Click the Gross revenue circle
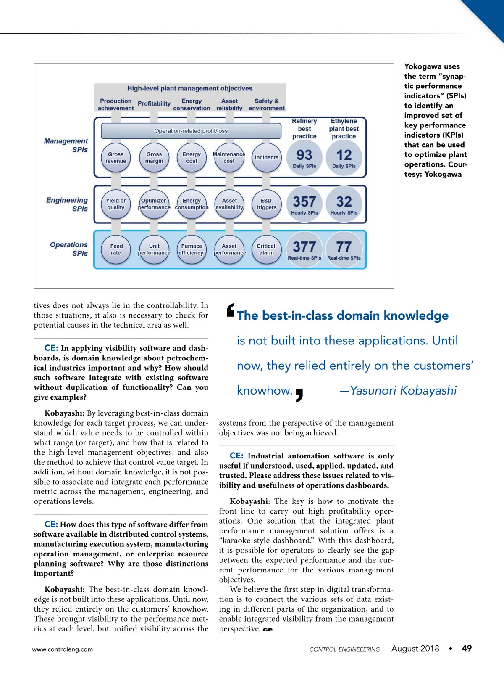point(116,158)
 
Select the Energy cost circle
point(192,158)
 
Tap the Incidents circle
point(266,158)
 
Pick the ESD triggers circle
point(266,204)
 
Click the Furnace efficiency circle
point(192,249)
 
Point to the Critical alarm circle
point(266,249)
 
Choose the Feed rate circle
point(116,249)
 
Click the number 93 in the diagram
point(304,155)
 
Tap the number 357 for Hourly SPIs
point(304,202)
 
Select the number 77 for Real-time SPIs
point(344,247)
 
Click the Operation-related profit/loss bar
point(191,131)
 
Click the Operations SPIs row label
point(69,249)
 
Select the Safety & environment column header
point(266,104)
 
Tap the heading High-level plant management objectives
point(190,88)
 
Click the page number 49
point(467,648)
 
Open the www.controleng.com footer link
point(63,649)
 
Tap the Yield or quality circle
point(116,204)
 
